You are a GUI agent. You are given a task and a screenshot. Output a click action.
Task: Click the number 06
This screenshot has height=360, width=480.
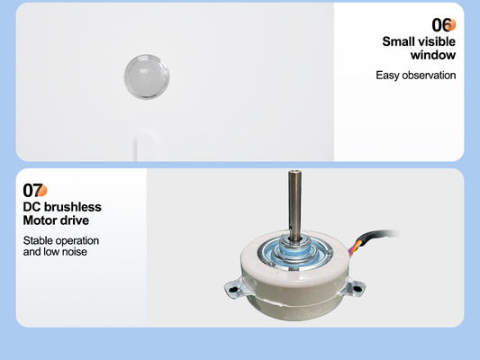point(441,25)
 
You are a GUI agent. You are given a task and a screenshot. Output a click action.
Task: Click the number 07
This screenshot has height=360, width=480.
point(32,190)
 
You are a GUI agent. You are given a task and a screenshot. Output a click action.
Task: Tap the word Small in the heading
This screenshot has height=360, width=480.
point(397,41)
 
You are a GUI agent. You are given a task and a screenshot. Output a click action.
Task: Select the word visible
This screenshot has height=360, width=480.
point(436,41)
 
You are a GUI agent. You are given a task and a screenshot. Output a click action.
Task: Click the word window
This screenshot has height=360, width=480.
point(433,55)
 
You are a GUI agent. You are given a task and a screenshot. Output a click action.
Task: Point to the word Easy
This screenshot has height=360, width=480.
point(387,76)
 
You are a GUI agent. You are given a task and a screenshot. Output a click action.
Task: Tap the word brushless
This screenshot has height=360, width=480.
point(73,207)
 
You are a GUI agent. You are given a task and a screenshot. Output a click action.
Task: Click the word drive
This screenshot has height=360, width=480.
point(73,220)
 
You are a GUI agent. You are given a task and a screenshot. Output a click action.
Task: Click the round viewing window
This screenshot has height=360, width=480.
point(147,76)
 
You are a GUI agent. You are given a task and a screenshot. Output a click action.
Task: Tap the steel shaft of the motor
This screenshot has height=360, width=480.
point(294,205)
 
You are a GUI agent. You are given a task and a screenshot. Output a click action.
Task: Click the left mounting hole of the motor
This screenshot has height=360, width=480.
point(232,289)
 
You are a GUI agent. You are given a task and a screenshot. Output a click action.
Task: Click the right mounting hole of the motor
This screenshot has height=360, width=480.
point(357,287)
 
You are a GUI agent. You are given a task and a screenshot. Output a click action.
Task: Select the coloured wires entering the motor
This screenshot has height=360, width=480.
point(355,247)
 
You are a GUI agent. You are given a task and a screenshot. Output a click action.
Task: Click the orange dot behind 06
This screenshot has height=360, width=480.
point(450,25)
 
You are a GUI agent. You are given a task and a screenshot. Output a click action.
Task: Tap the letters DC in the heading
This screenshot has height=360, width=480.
point(32,207)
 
